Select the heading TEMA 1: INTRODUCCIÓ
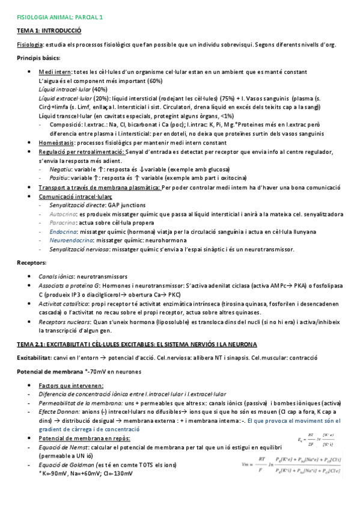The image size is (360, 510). coord(48,31)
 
